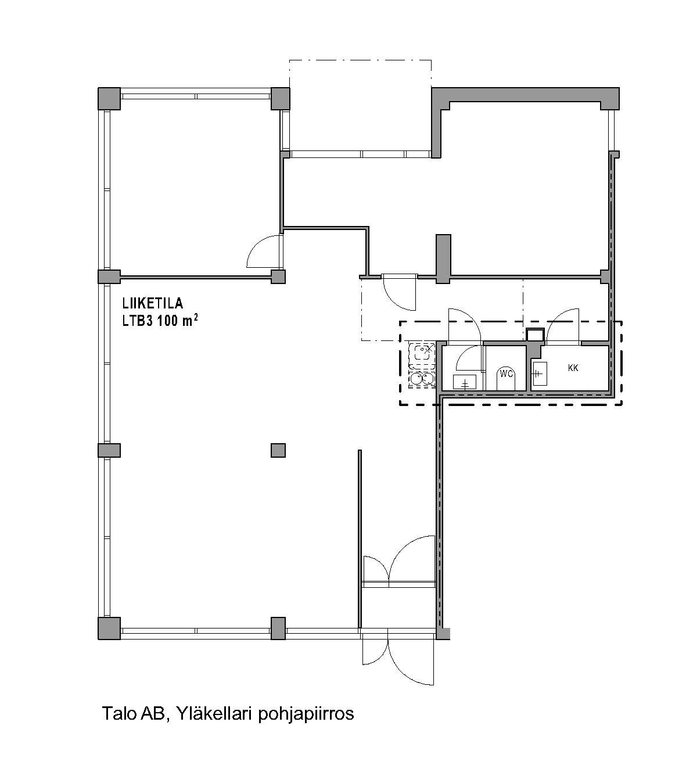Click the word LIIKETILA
[152, 303]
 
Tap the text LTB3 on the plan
[137, 321]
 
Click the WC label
[506, 373]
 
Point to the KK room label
[573, 368]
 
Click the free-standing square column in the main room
[278, 450]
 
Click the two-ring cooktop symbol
[422, 379]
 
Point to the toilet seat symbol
[506, 379]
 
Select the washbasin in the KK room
[538, 372]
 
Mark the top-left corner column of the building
[109, 98]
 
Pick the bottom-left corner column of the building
[109, 628]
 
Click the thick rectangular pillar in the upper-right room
[443, 258]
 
